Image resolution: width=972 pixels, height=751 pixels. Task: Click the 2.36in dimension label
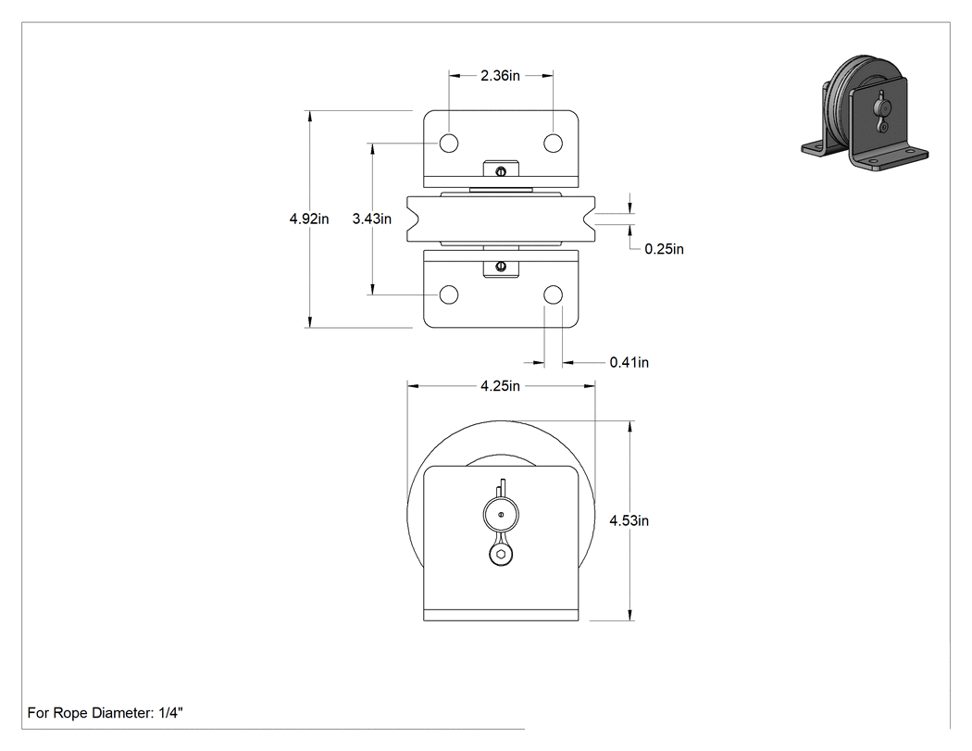click(x=500, y=76)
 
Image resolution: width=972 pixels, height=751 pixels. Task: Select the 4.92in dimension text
click(x=309, y=219)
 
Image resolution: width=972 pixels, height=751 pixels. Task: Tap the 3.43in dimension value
click(x=372, y=219)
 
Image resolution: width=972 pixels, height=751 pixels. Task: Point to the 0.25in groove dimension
click(x=664, y=249)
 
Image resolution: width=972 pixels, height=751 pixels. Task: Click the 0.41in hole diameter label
click(x=629, y=362)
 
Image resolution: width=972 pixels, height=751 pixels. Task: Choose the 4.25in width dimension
click(x=500, y=386)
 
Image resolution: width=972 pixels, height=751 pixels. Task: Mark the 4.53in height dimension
click(x=629, y=521)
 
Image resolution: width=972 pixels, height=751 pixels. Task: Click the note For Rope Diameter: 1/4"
click(x=106, y=713)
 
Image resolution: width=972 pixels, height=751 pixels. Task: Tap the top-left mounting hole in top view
click(x=449, y=144)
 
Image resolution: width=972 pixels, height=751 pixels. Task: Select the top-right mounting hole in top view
click(x=553, y=144)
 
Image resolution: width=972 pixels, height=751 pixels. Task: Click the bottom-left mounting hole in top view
click(x=449, y=294)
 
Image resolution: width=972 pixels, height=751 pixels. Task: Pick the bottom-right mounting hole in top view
click(x=553, y=294)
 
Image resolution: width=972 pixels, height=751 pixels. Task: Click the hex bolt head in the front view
click(x=500, y=555)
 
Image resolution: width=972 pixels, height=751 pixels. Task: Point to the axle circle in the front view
click(x=501, y=514)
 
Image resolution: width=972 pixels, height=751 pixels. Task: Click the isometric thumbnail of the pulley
click(x=865, y=115)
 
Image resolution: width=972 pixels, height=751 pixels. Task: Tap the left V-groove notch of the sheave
click(x=414, y=219)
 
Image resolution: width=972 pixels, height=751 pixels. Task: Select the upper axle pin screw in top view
click(x=501, y=171)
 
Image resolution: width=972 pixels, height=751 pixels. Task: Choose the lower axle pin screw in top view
click(x=501, y=267)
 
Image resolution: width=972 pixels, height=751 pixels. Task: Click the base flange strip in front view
click(x=501, y=615)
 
